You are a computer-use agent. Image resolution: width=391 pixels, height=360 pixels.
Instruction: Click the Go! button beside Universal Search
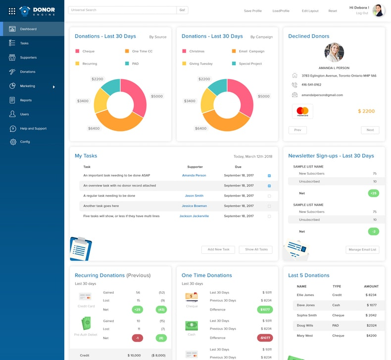pos(182,10)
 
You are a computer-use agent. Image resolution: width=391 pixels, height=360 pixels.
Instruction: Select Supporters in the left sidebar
pos(28,57)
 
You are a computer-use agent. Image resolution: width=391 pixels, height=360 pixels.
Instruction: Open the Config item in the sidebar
pos(25,142)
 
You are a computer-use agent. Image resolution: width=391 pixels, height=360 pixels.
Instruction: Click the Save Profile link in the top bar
pos(253,11)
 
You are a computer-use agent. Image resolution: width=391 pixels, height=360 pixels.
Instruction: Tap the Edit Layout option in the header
pos(310,11)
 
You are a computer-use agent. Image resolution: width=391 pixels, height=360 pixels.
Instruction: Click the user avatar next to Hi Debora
pos(378,10)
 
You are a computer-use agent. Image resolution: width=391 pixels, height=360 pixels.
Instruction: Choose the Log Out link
pos(362,13)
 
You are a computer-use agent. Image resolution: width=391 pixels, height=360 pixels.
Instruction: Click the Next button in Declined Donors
pos(370,130)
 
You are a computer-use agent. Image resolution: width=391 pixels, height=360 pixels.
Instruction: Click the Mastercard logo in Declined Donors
pos(302,111)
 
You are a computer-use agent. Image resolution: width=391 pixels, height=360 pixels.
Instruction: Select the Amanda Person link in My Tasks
pos(194,176)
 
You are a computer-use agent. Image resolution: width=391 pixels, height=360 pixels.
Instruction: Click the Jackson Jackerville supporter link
pos(194,216)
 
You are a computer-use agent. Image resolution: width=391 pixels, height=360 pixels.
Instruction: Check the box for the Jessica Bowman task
pos(269,206)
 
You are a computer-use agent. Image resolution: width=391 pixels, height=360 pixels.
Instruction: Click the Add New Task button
pos(218,250)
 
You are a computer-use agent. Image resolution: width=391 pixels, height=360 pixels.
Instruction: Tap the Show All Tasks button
pos(256,250)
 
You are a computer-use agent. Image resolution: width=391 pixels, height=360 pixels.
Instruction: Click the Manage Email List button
pos(362,250)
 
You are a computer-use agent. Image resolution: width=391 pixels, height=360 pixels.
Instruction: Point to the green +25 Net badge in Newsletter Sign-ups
pos(373,193)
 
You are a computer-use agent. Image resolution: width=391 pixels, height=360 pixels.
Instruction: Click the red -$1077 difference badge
pos(264,338)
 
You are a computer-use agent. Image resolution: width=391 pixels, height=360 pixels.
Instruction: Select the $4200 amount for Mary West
pos(370,336)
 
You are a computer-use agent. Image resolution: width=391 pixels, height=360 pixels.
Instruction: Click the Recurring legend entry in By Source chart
pos(90,64)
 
